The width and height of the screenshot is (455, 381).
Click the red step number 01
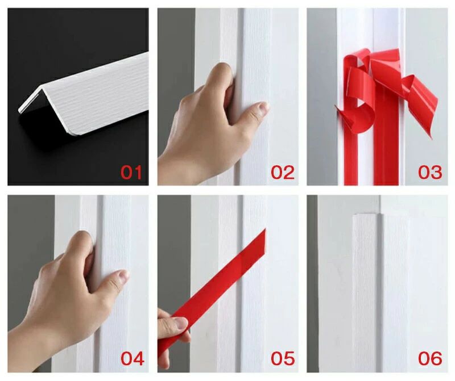click(131, 172)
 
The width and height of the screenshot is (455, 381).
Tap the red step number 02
click(282, 172)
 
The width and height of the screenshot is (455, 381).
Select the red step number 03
click(430, 172)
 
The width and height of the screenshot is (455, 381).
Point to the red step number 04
click(133, 358)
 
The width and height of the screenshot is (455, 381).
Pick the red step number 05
click(283, 358)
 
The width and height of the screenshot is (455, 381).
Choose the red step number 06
click(430, 358)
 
